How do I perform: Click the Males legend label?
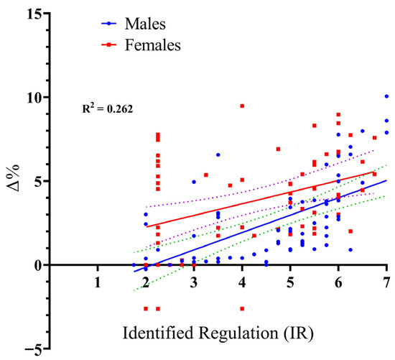coord(145,24)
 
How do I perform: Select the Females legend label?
coord(153,45)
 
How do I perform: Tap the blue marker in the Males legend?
coord(109,24)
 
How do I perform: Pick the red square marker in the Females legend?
coord(109,45)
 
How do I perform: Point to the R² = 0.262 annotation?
coord(108,109)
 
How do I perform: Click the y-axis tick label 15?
coord(33,14)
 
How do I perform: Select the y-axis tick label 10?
coord(33,97)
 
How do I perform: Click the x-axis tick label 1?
coord(98,283)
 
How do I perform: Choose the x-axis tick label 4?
coord(242,283)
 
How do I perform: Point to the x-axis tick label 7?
coord(386,283)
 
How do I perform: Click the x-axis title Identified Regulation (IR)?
coord(218,333)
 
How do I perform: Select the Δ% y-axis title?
coord(13,178)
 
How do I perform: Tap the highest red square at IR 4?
coord(242,106)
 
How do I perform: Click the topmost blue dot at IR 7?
coord(386,96)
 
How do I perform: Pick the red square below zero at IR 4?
coord(242,308)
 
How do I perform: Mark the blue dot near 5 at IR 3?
coord(194,182)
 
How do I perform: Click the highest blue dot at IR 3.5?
coord(218,154)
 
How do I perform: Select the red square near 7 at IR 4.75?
coord(279,149)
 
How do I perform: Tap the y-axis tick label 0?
coord(38,265)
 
